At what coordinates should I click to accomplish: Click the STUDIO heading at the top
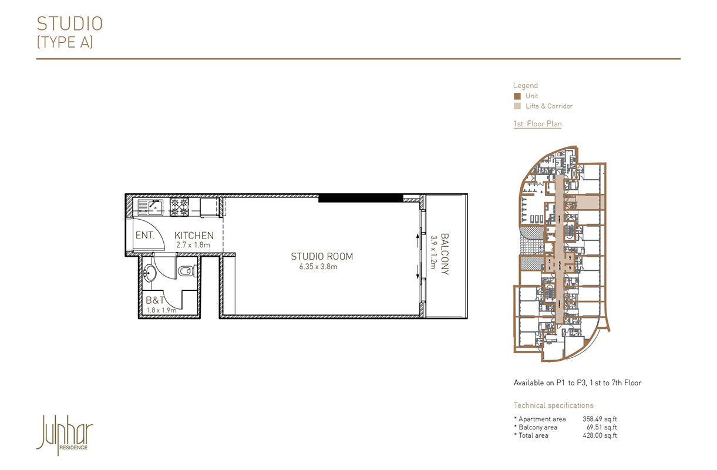(x=69, y=23)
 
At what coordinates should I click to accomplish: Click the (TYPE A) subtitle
(x=65, y=42)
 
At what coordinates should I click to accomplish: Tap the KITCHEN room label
(x=194, y=236)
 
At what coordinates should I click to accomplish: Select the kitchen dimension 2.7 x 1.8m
(x=193, y=244)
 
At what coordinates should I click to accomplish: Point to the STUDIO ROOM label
(x=322, y=257)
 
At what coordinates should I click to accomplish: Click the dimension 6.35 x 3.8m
(x=318, y=267)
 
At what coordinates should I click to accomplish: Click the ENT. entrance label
(x=144, y=236)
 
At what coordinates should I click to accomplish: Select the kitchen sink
(x=155, y=206)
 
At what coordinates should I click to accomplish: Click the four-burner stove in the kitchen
(x=179, y=206)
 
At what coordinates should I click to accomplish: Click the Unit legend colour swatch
(x=517, y=96)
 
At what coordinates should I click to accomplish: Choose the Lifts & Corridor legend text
(x=549, y=106)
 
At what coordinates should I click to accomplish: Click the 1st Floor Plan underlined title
(x=537, y=124)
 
